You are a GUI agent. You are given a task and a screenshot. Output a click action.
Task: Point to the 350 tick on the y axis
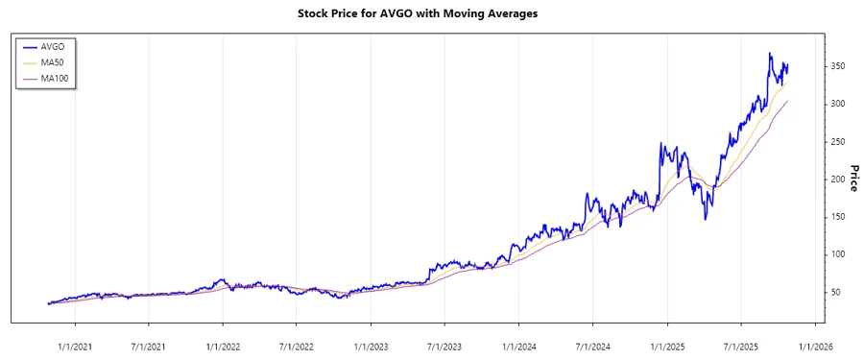click(837, 66)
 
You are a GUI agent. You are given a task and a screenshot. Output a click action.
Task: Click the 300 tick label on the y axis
click(837, 104)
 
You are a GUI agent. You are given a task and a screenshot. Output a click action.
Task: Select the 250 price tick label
click(837, 141)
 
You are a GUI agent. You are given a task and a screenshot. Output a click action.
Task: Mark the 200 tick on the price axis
click(837, 179)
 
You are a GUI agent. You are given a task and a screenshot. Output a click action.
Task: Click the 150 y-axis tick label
click(837, 216)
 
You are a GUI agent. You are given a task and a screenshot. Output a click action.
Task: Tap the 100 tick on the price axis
click(837, 254)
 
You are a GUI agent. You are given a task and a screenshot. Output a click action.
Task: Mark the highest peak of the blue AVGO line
click(770, 54)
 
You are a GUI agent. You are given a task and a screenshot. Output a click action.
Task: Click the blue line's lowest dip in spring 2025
click(706, 219)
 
